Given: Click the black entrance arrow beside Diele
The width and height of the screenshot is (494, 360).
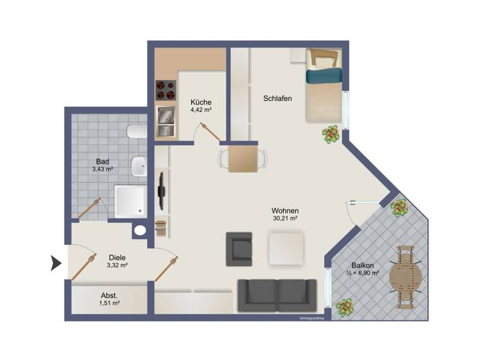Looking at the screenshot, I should point(56,262).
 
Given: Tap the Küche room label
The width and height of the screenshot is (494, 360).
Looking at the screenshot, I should point(201,102).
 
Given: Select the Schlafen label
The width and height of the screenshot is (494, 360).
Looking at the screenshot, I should point(278,98).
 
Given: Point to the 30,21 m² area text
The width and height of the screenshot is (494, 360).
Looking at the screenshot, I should point(284,219).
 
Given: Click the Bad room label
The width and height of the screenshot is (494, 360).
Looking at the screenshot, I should point(102,161).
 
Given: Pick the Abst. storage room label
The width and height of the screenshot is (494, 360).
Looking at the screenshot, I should point(109,296).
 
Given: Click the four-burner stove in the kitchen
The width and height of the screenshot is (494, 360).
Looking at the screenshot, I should point(166,90).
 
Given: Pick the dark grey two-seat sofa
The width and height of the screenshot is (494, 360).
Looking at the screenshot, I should point(278,294).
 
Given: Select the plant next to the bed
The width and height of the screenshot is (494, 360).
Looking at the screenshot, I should point(331,134).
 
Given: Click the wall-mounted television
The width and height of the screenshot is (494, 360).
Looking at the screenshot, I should point(161,188).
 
